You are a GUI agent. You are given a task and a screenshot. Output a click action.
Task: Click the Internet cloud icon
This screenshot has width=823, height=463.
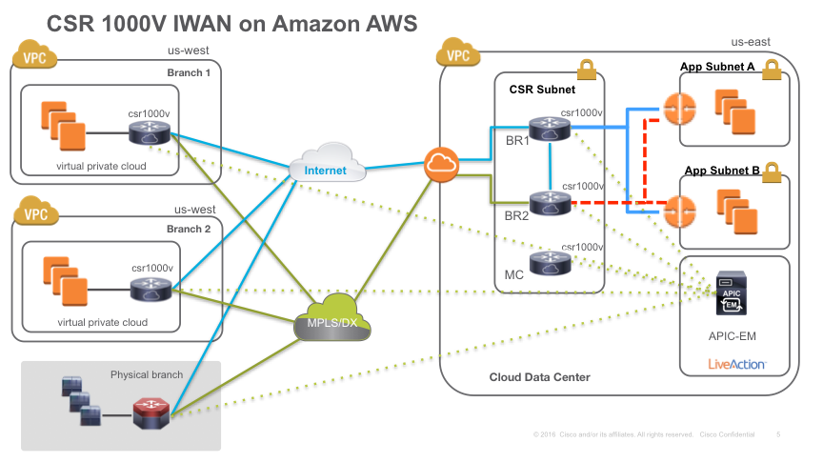pyautogui.click(x=333, y=164)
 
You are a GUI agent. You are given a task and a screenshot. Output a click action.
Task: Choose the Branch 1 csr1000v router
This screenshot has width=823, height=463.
pyautogui.click(x=151, y=132)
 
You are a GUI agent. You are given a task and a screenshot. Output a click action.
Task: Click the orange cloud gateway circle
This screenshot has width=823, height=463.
pyautogui.click(x=441, y=164)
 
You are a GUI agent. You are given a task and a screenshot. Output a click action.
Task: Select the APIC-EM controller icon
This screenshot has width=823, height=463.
pyautogui.click(x=732, y=293)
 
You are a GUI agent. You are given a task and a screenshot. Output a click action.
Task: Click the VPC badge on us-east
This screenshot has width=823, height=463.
pyautogui.click(x=459, y=54)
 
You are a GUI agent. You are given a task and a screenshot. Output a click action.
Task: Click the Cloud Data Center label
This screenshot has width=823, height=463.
pyautogui.click(x=539, y=377)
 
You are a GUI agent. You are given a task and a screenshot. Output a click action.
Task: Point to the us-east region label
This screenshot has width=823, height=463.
pyautogui.click(x=750, y=42)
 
